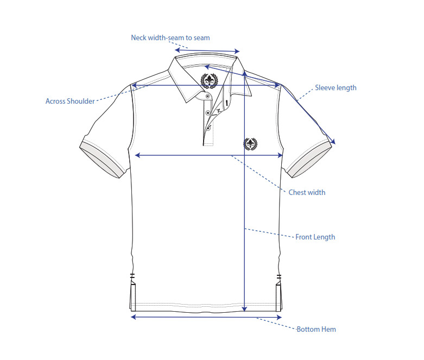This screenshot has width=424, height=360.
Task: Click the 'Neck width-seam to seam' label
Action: (x=170, y=37)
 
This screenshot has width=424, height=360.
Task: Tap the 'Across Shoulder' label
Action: (x=70, y=101)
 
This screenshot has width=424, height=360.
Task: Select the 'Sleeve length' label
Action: (x=336, y=88)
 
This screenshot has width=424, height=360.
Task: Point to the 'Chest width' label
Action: (x=307, y=192)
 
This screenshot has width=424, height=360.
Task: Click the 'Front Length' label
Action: (x=315, y=237)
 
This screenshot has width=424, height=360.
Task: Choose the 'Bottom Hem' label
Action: (x=316, y=329)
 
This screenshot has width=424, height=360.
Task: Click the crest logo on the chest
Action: (x=250, y=144)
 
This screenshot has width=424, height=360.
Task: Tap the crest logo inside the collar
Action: (x=210, y=80)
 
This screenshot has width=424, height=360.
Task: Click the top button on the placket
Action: (x=208, y=96)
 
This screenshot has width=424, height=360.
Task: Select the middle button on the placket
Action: (x=208, y=112)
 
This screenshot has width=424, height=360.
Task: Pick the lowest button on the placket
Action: (x=208, y=129)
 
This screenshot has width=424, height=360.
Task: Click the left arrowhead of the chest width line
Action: (x=137, y=155)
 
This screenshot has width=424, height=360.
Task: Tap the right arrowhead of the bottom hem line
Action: (x=280, y=317)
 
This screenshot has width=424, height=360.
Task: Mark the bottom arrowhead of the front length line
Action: (x=244, y=309)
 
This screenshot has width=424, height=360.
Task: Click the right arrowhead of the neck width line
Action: (x=237, y=51)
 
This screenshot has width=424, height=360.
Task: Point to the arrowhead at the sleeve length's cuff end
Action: (x=333, y=142)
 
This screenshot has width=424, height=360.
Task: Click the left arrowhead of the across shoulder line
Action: (x=134, y=86)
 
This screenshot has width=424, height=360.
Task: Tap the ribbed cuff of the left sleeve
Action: (x=102, y=160)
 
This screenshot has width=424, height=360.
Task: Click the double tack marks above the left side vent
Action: (x=132, y=276)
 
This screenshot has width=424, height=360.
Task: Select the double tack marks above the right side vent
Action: (x=279, y=276)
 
